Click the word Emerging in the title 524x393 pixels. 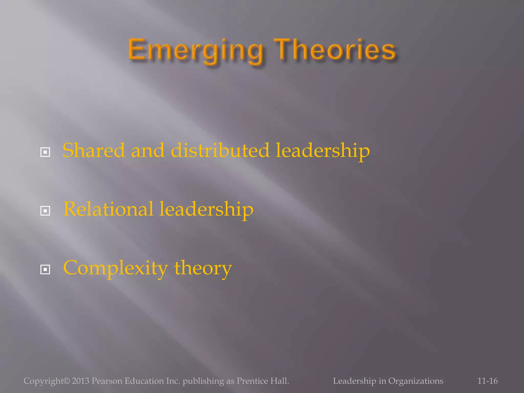pos(195,50)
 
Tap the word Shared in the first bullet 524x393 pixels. pos(94,150)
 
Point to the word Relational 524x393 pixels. pos(108,209)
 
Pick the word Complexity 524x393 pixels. pos(115,268)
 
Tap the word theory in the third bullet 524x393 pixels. pos(203,268)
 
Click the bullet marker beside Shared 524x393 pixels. pos(45,152)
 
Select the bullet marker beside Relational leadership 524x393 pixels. pos(45,211)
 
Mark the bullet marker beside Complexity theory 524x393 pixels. pos(45,269)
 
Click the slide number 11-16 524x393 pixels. pos(487,381)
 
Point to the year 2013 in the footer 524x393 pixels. pos(80,381)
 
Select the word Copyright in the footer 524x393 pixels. pos(43,381)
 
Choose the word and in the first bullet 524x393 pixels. pos(148,150)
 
